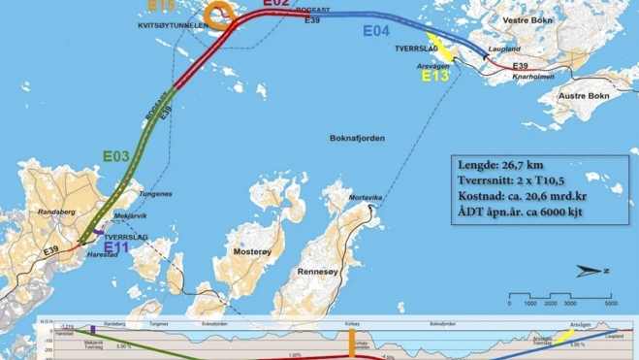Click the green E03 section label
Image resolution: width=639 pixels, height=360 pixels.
pyautogui.click(x=115, y=155)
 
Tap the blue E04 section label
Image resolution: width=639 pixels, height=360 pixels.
pyautogui.click(x=376, y=32)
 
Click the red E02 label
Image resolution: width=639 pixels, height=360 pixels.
pyautogui.click(x=275, y=4)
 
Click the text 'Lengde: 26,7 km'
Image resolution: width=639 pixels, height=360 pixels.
pyautogui.click(x=507, y=163)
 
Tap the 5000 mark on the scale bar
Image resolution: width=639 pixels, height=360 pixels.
pyautogui.click(x=610, y=303)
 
